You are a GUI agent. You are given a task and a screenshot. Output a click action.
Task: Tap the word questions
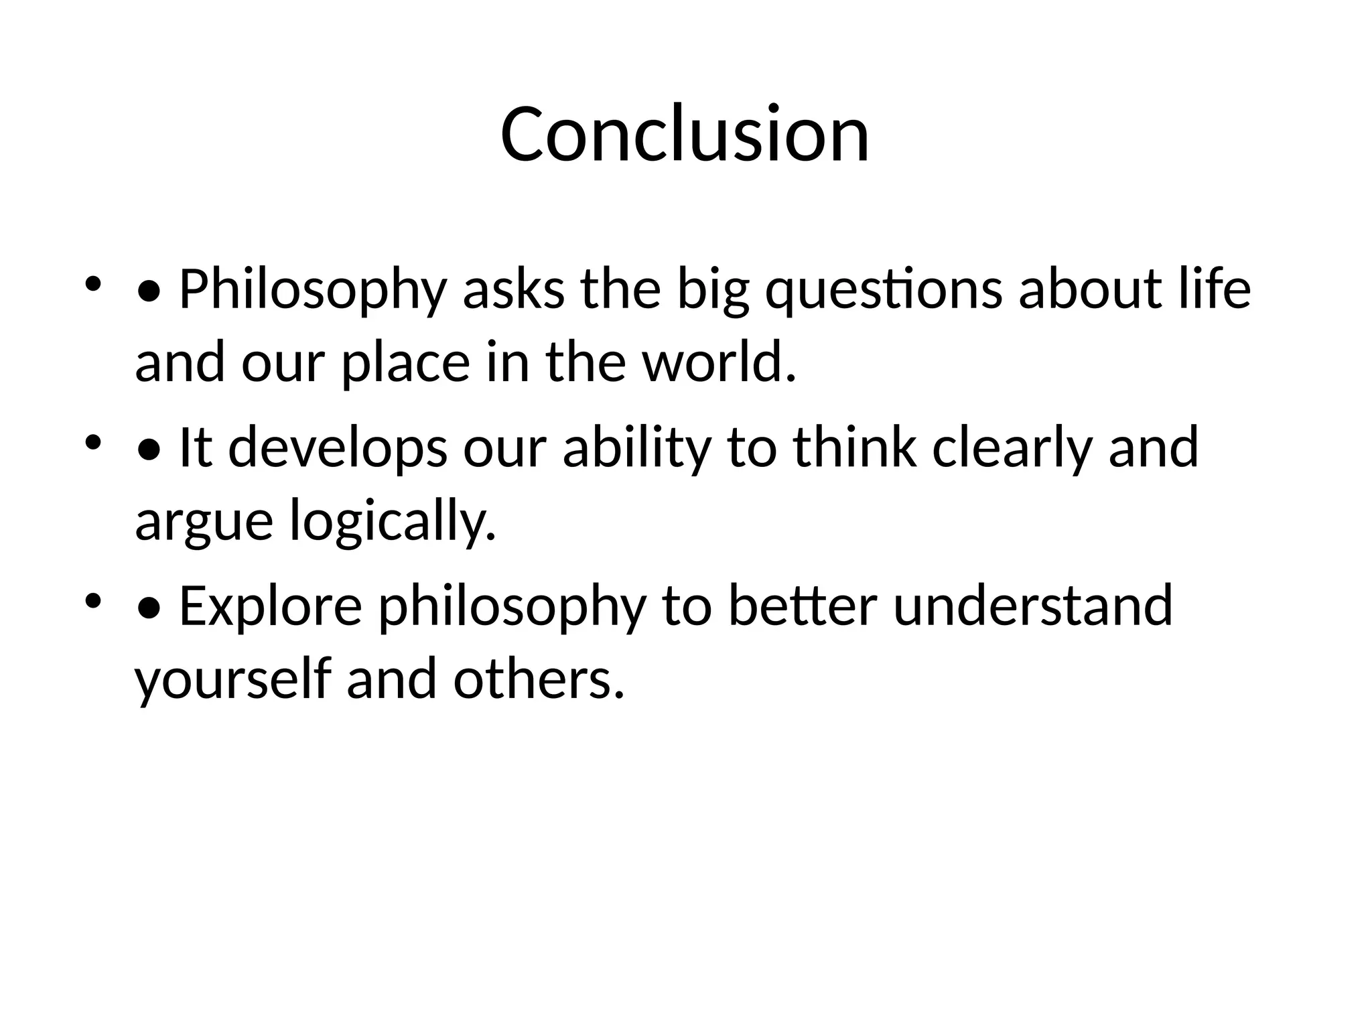click(884, 290)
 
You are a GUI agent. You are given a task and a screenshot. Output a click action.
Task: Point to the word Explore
click(271, 606)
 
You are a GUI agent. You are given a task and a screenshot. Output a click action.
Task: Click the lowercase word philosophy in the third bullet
click(512, 606)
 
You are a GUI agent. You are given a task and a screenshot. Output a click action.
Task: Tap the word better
click(802, 605)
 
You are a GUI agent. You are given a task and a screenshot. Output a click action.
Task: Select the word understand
click(1033, 605)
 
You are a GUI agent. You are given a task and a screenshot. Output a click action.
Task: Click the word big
click(713, 290)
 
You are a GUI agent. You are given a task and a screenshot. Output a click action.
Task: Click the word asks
click(514, 290)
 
